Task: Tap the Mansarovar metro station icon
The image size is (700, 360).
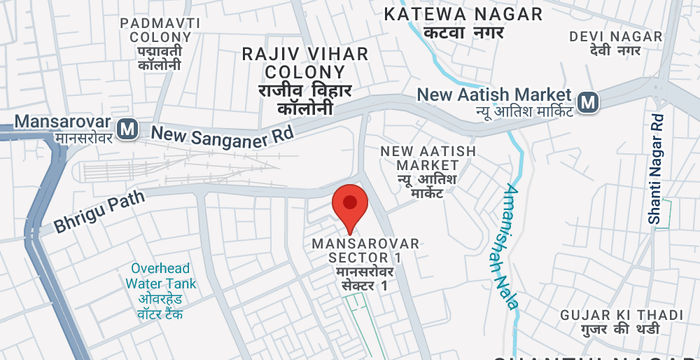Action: coord(126,128)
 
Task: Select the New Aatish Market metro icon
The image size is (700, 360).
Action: coord(588,101)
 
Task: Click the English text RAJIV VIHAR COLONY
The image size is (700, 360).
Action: coord(306,63)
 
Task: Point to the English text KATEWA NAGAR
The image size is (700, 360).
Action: coord(464,14)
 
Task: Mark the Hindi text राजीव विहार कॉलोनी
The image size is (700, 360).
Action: coord(306,98)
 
